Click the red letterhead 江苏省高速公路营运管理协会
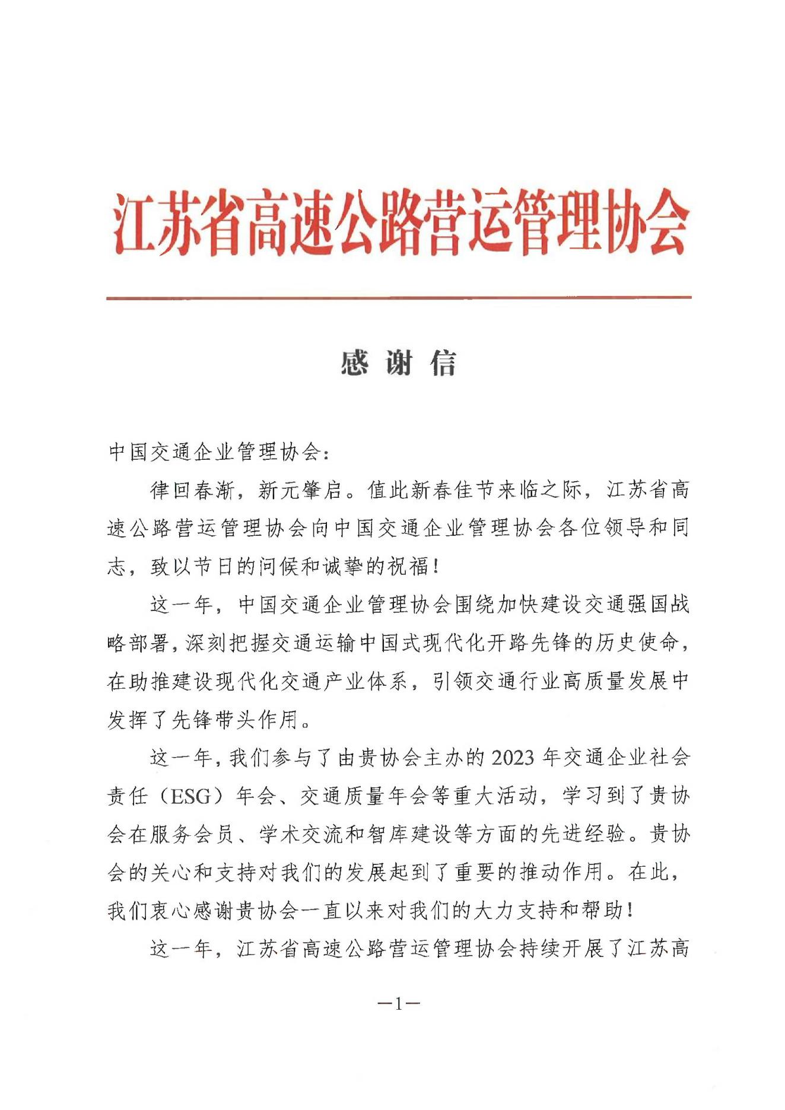[x=401, y=225]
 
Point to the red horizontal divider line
[x=399, y=297]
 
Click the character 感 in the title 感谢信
[x=354, y=363]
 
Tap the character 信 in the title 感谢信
[x=443, y=363]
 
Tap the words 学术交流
[x=301, y=834]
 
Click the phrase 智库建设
[x=430, y=834]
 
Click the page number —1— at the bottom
[x=398, y=1003]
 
